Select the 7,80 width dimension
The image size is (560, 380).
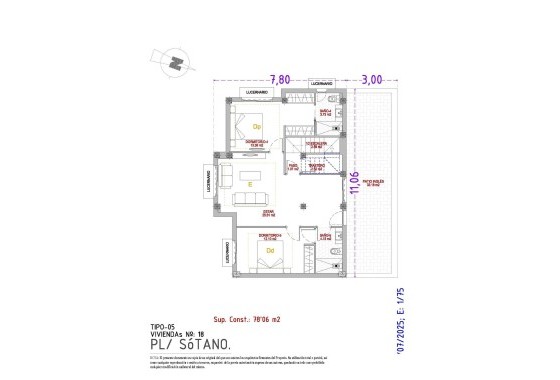pos(280,79)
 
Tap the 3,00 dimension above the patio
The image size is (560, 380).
pos(372,79)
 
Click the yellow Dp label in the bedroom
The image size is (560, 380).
pos(256,127)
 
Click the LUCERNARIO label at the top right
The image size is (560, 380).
pos(320,82)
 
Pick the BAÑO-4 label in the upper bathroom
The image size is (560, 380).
pos(325,114)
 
